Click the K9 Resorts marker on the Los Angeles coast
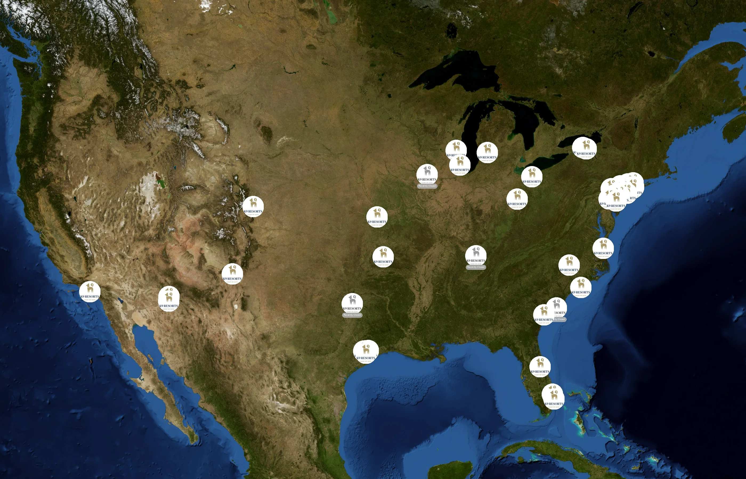90,292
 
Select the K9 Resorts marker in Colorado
253,207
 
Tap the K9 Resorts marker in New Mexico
232,274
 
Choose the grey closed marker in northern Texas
352,303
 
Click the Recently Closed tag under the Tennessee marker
476,267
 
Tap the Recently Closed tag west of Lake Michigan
427,186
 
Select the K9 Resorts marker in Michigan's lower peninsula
487,153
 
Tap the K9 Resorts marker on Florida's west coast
540,367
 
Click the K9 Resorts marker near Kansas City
377,217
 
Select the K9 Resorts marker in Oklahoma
383,257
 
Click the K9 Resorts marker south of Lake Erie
532,177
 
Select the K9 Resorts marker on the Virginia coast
603,248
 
